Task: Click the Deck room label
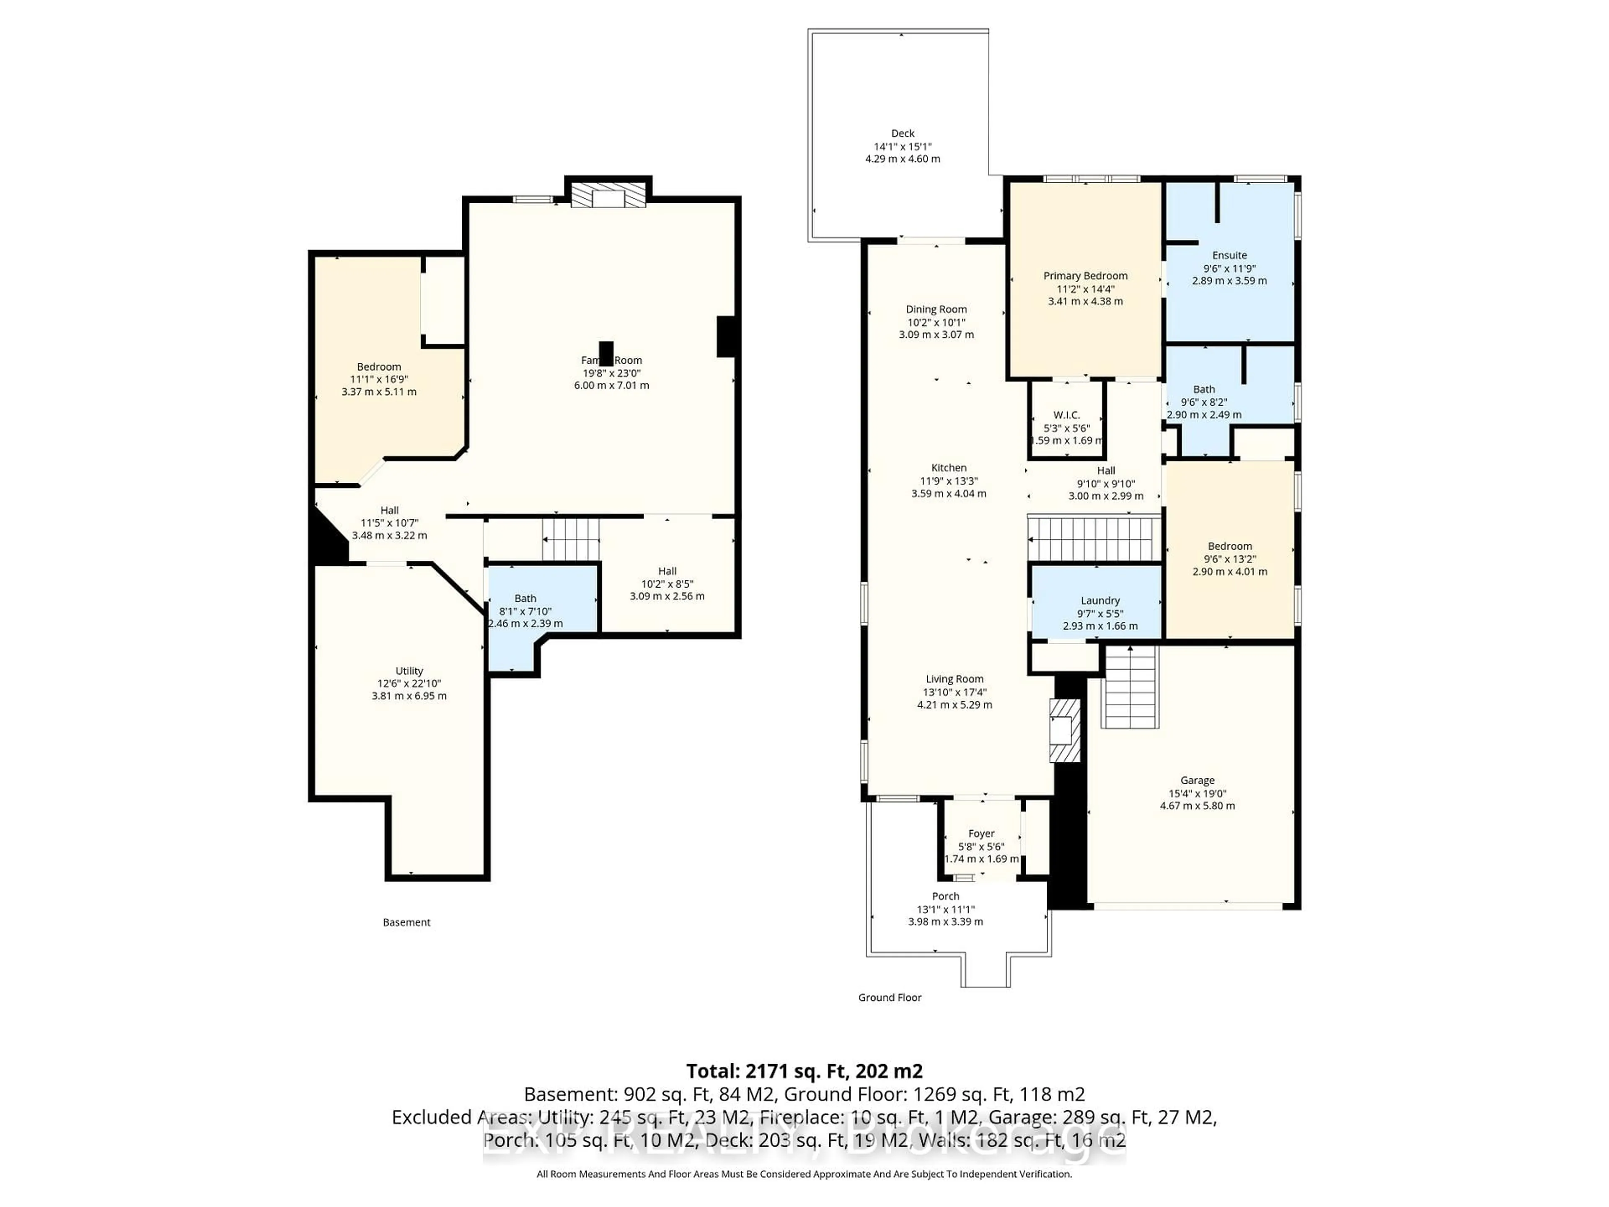902,133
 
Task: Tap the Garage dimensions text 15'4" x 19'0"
1197,793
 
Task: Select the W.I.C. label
1066,415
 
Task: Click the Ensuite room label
1229,255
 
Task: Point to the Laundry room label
1100,600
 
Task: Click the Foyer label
981,834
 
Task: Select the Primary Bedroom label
1085,276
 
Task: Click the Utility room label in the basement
409,671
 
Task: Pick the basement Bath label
525,598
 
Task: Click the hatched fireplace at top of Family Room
608,195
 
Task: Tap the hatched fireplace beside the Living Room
1064,730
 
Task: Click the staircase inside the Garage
1130,688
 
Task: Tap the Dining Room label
936,309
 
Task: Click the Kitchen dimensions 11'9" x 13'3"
949,481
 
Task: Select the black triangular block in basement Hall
326,540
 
